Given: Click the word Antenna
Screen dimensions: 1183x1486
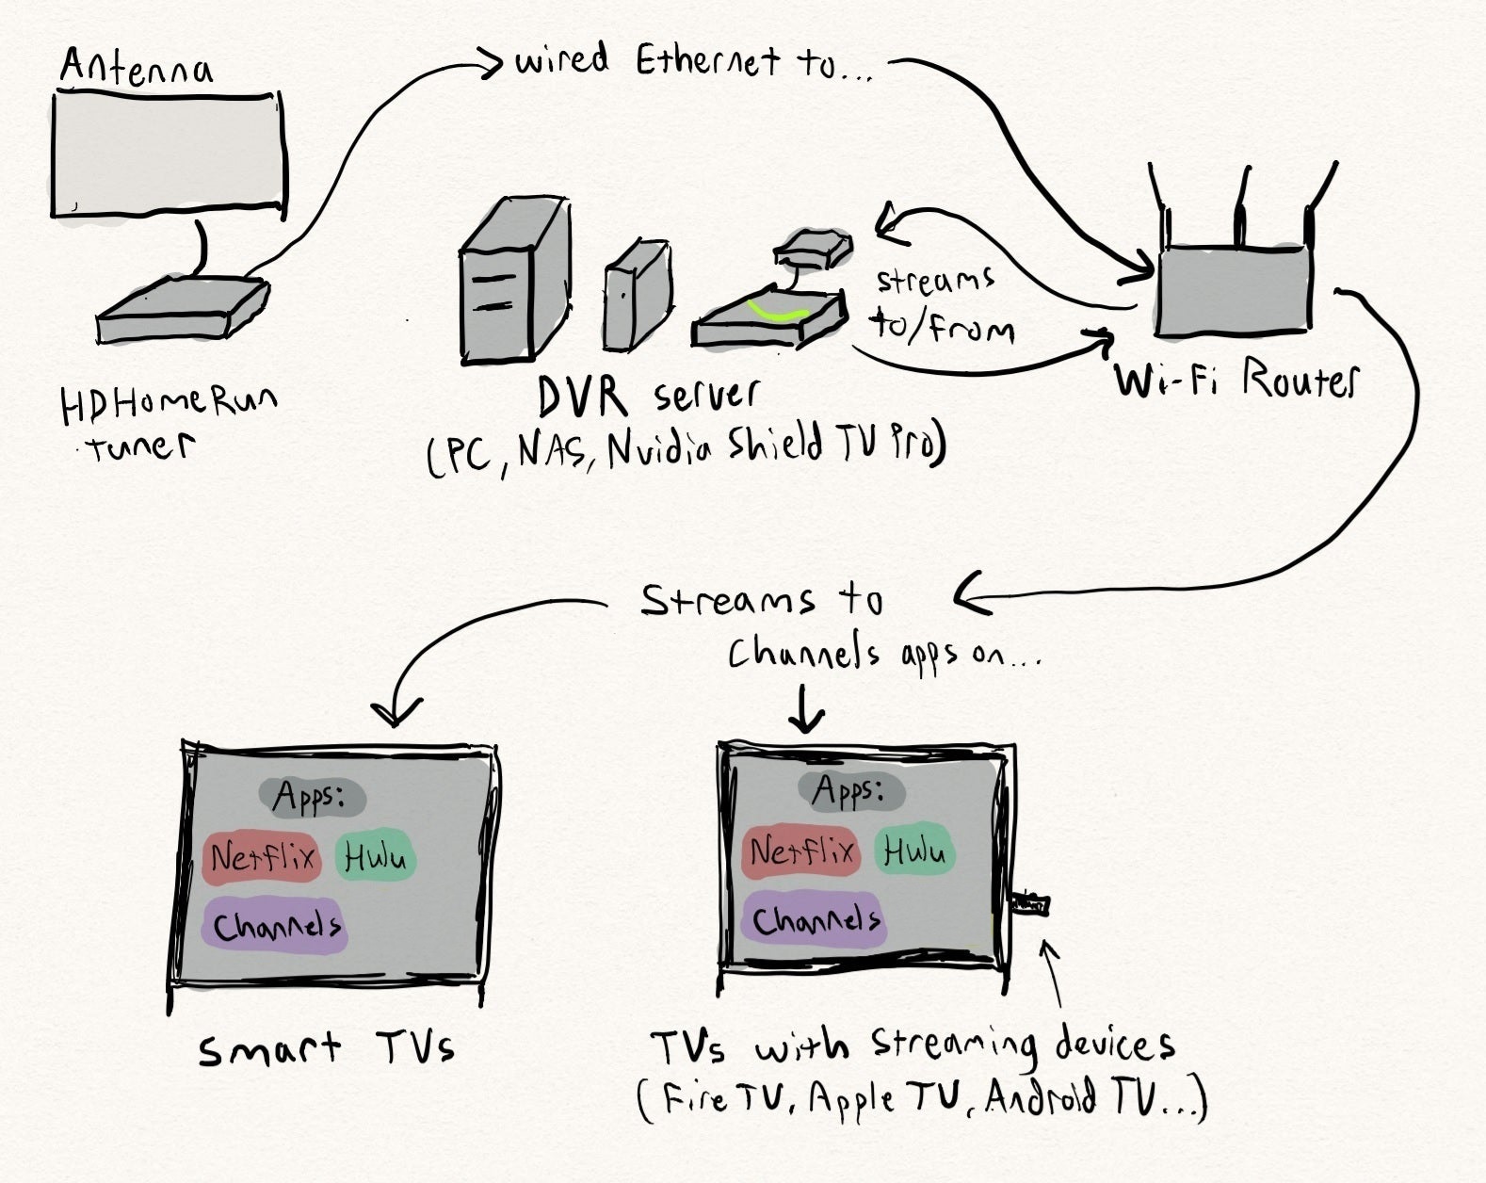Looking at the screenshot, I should [x=137, y=68].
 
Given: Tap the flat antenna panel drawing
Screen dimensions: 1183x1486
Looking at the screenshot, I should [x=168, y=155].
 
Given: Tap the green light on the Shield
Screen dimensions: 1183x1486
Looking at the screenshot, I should [x=776, y=312].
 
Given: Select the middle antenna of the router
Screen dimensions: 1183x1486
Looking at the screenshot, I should [x=1242, y=207].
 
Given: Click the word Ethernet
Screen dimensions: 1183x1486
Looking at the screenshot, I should [x=707, y=61].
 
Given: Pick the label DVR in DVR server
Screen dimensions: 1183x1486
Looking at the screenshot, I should [x=582, y=397].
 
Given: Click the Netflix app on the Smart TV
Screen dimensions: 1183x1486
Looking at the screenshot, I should [x=262, y=857].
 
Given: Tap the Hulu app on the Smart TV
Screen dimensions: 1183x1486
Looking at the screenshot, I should [x=375, y=857].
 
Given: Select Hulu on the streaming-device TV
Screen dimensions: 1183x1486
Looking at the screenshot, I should [x=913, y=851].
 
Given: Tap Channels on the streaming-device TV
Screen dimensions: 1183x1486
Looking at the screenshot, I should [x=816, y=919].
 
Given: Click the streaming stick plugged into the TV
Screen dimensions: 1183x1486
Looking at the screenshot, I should [x=1029, y=905].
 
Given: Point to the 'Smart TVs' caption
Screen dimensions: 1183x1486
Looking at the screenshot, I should [x=326, y=1048].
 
